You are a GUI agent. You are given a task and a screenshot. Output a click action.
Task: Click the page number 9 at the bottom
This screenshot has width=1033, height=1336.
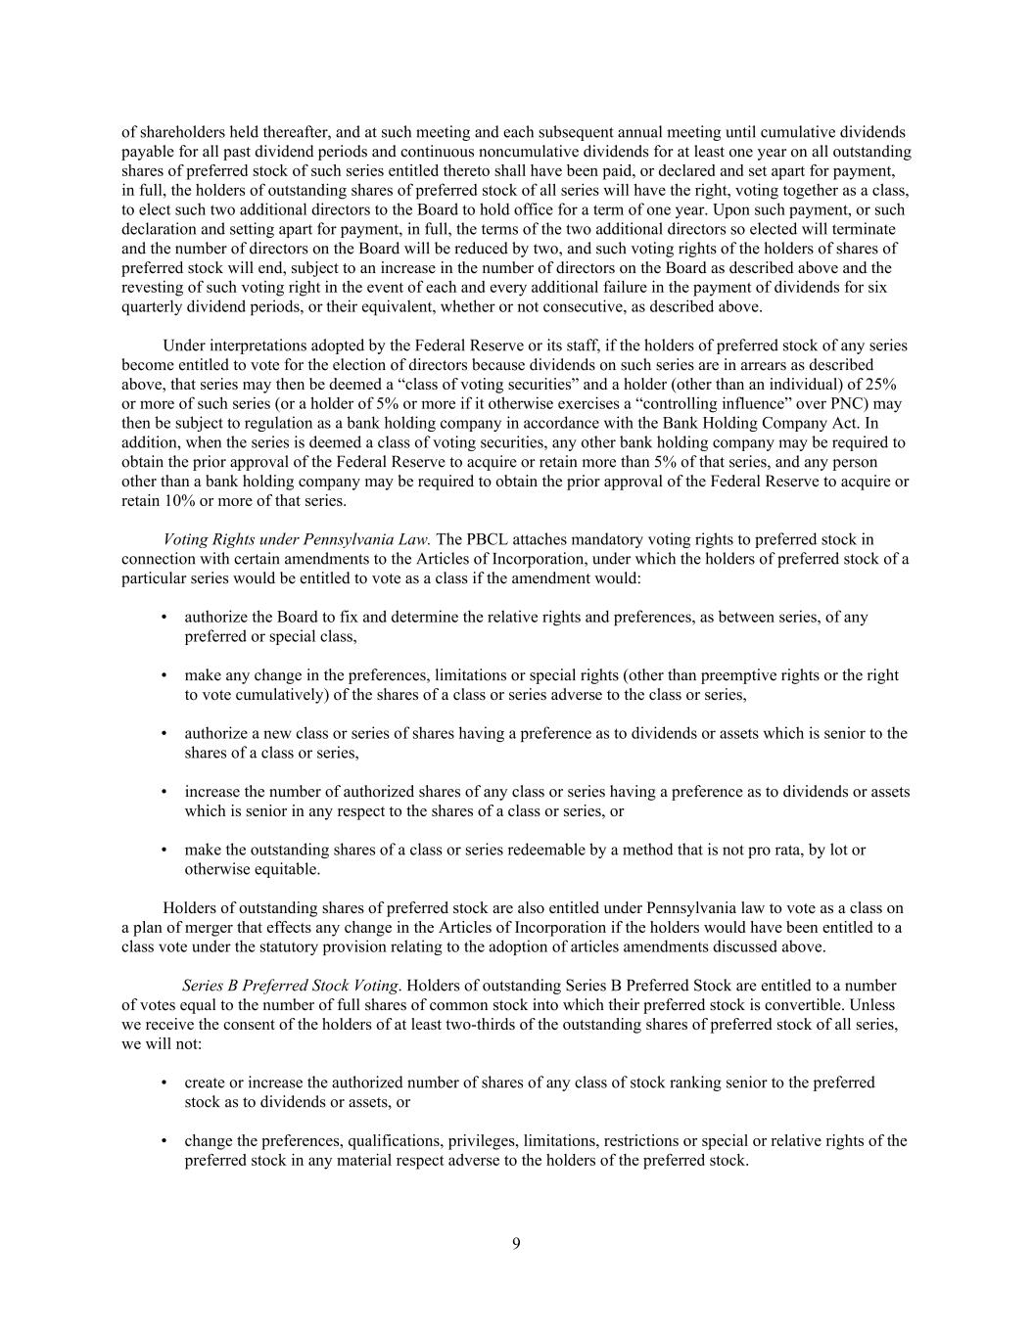tap(516, 1244)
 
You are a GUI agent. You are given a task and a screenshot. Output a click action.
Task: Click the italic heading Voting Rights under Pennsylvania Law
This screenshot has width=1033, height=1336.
tap(298, 539)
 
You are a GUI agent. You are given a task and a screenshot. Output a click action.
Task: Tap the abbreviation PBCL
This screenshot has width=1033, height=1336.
tap(486, 539)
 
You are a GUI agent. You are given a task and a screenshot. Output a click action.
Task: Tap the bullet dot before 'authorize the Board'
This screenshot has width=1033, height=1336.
tap(163, 618)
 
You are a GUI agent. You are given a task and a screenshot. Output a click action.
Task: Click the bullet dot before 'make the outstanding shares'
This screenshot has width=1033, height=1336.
tap(163, 851)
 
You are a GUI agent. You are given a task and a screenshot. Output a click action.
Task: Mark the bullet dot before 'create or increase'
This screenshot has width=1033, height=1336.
tap(163, 1083)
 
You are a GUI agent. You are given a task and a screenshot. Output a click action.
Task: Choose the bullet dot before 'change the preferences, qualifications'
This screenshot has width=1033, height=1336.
tap(163, 1141)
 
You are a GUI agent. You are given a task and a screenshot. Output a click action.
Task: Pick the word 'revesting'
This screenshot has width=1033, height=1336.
tap(153, 288)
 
